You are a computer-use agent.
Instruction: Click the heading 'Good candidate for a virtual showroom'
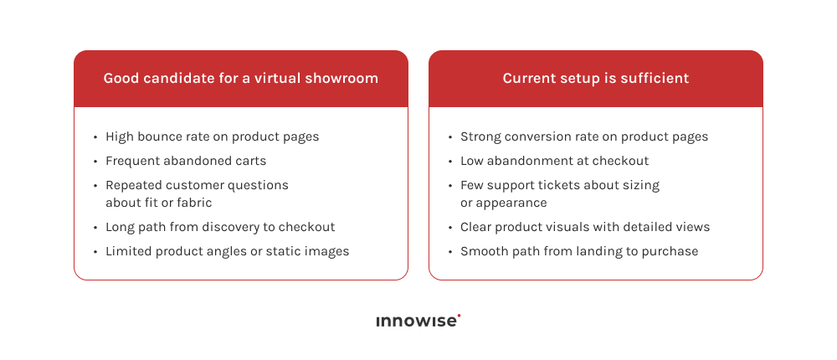pos(241,79)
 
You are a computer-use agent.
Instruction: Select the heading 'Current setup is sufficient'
pos(596,79)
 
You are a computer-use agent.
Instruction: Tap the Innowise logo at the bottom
pos(417,321)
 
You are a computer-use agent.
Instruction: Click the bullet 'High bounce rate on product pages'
pos(212,136)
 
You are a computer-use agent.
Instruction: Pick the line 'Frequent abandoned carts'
pos(186,161)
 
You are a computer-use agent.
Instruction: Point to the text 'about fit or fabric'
pos(158,203)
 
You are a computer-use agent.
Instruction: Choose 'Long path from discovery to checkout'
pos(220,227)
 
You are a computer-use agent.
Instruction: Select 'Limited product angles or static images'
pos(227,251)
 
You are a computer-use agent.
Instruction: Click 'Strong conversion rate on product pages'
pos(584,136)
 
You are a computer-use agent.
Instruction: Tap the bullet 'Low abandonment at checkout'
pos(554,161)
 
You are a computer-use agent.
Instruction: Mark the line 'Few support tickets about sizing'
pos(560,185)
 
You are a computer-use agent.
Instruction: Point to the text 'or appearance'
pos(503,203)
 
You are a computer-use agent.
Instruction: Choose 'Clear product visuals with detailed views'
pos(585,227)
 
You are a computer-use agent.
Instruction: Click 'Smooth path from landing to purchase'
pos(579,251)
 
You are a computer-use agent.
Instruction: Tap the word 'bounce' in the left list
pos(159,136)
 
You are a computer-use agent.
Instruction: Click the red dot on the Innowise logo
pos(459,316)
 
